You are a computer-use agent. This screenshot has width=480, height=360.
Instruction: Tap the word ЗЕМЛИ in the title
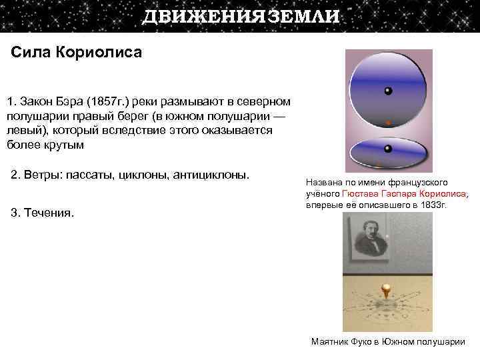coord(303,17)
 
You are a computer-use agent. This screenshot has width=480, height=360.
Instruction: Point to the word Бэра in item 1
coord(71,102)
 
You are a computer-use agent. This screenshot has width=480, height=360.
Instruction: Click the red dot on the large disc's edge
coord(388,123)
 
